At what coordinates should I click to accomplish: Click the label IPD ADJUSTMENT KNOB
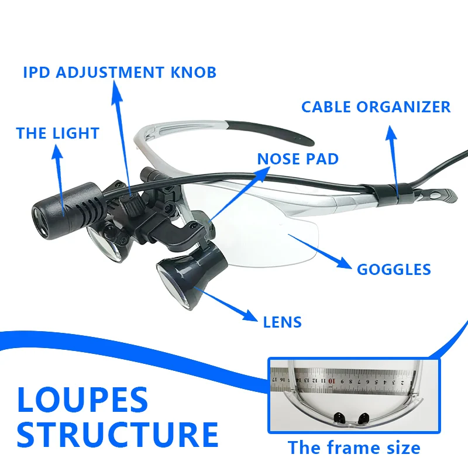(x=119, y=73)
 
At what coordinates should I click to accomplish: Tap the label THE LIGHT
(x=57, y=133)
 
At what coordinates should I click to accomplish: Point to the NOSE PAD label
(x=297, y=158)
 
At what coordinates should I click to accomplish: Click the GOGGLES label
(x=394, y=269)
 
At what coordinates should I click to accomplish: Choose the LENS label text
(x=282, y=321)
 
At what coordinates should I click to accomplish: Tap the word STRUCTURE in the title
(x=117, y=434)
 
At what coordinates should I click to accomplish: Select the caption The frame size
(x=353, y=448)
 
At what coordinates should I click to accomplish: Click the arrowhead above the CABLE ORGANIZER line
(x=390, y=130)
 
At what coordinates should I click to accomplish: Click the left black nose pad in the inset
(x=339, y=417)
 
